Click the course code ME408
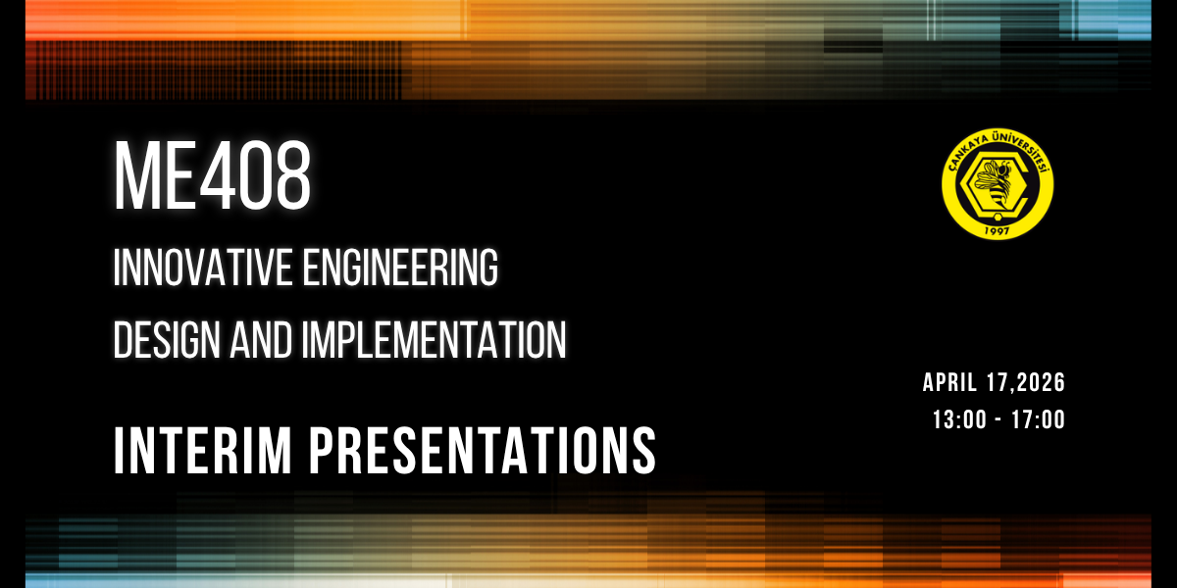point(213,175)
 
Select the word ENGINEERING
point(400,268)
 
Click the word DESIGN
point(167,340)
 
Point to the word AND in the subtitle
point(261,340)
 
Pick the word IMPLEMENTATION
point(434,340)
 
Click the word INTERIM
point(203,451)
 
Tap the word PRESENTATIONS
point(483,451)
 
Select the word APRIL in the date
point(949,382)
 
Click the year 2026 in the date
point(1041,382)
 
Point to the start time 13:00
point(959,420)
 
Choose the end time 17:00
point(1039,420)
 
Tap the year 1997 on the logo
point(997,230)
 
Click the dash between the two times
point(998,420)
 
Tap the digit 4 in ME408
point(217,175)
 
